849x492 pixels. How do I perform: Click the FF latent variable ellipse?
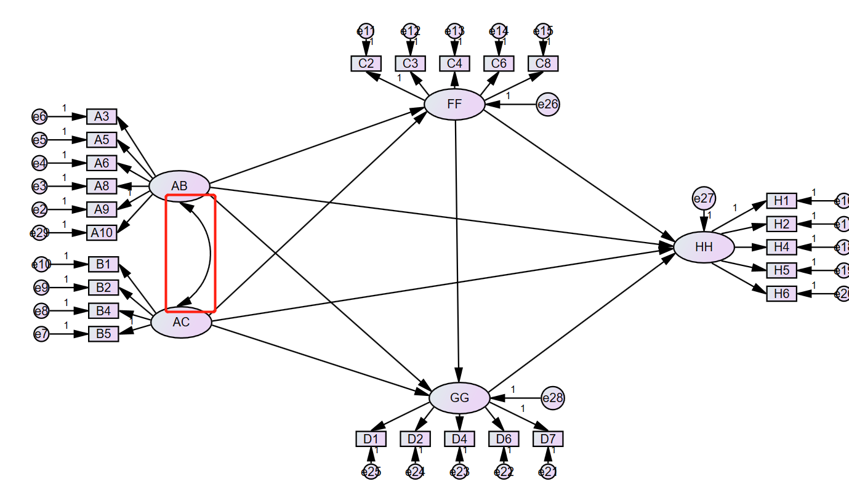[x=454, y=104]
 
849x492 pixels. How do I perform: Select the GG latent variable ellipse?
[x=459, y=397]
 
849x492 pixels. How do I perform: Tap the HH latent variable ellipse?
[x=704, y=247]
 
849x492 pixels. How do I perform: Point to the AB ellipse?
[x=180, y=186]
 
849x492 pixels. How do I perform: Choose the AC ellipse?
[x=181, y=322]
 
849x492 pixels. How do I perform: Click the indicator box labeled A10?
[x=102, y=232]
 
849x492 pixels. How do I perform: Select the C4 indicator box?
[x=454, y=63]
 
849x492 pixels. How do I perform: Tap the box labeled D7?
[x=548, y=439]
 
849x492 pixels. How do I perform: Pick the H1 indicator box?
[x=781, y=201]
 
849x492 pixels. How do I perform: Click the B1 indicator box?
[x=103, y=265]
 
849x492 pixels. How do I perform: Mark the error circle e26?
[x=547, y=104]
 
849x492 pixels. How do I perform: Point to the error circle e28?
[x=552, y=398]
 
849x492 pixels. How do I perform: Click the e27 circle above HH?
[x=704, y=198]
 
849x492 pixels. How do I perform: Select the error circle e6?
[x=39, y=116]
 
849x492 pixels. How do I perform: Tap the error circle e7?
[x=41, y=334]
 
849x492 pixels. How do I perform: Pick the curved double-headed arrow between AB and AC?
[x=209, y=252]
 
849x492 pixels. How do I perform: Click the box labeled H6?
[x=781, y=294]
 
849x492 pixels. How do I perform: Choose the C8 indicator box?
[x=543, y=63]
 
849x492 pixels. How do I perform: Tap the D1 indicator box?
[x=371, y=439]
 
